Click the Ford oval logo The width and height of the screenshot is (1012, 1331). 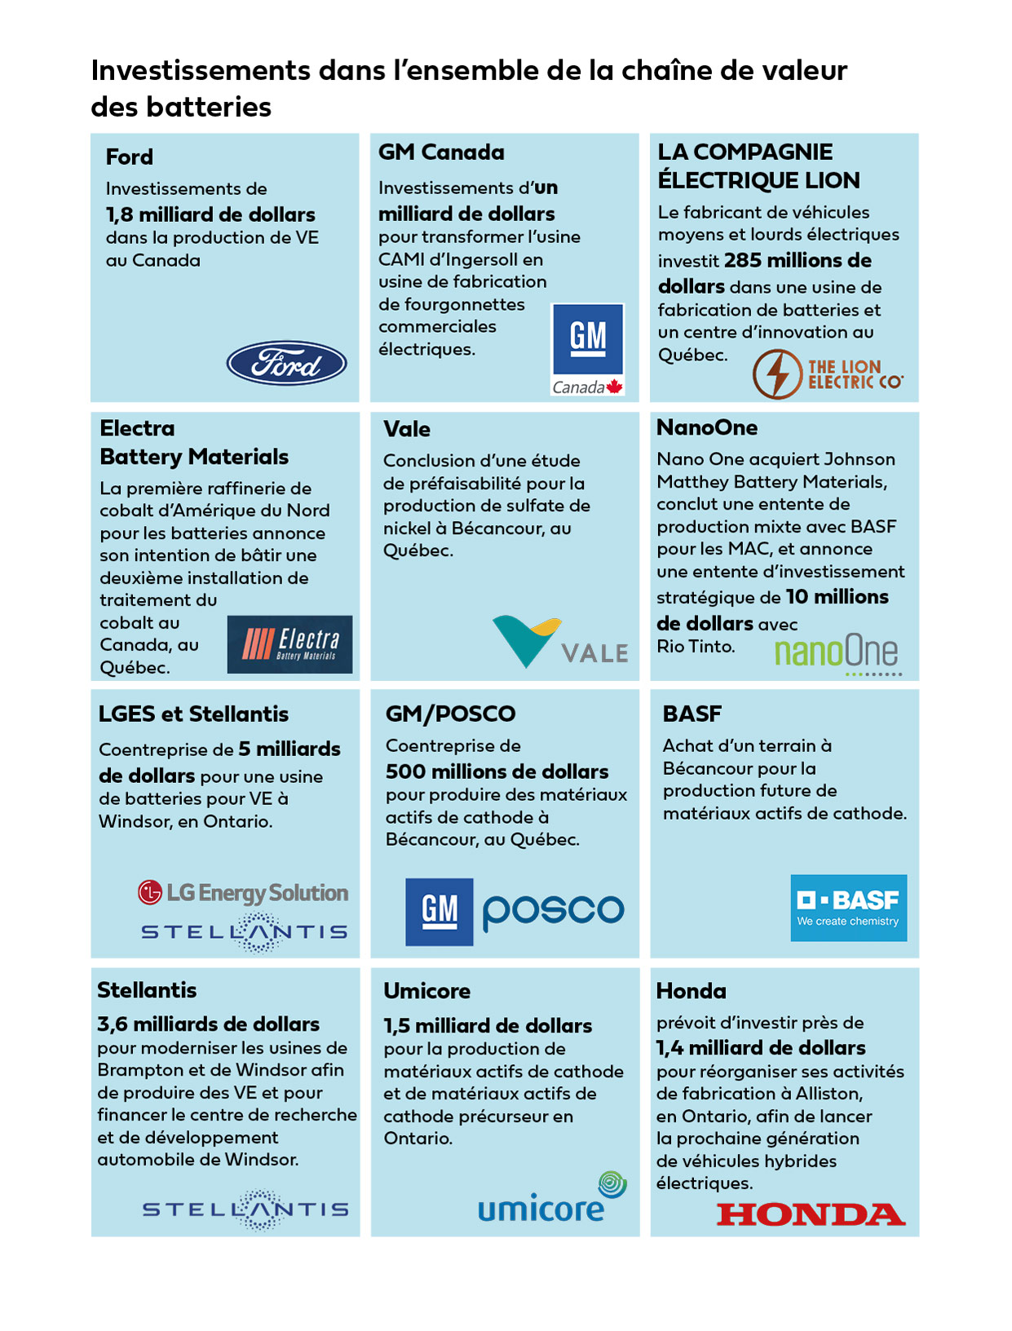click(286, 363)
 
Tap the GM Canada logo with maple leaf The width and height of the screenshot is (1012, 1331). click(587, 349)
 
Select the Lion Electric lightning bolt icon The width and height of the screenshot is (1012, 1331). click(776, 374)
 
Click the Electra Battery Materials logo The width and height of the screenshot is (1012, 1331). click(289, 644)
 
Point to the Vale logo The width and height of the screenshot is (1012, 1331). click(560, 643)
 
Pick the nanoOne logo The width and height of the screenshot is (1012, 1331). click(836, 653)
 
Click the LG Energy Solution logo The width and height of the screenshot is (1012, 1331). click(243, 893)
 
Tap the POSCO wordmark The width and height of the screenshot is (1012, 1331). click(553, 911)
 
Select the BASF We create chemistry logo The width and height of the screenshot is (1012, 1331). click(848, 908)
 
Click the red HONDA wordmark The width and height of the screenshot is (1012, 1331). click(811, 1214)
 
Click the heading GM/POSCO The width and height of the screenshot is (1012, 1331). click(450, 714)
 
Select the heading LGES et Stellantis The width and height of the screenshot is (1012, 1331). click(193, 714)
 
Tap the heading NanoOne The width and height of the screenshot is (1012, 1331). click(707, 427)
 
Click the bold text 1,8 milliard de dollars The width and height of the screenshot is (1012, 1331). click(210, 214)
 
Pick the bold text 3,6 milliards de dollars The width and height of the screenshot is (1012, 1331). click(208, 1024)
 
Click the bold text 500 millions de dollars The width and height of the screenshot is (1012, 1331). click(497, 772)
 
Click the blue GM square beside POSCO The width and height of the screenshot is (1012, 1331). click(440, 912)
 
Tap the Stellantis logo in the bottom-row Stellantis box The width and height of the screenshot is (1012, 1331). click(245, 1209)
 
